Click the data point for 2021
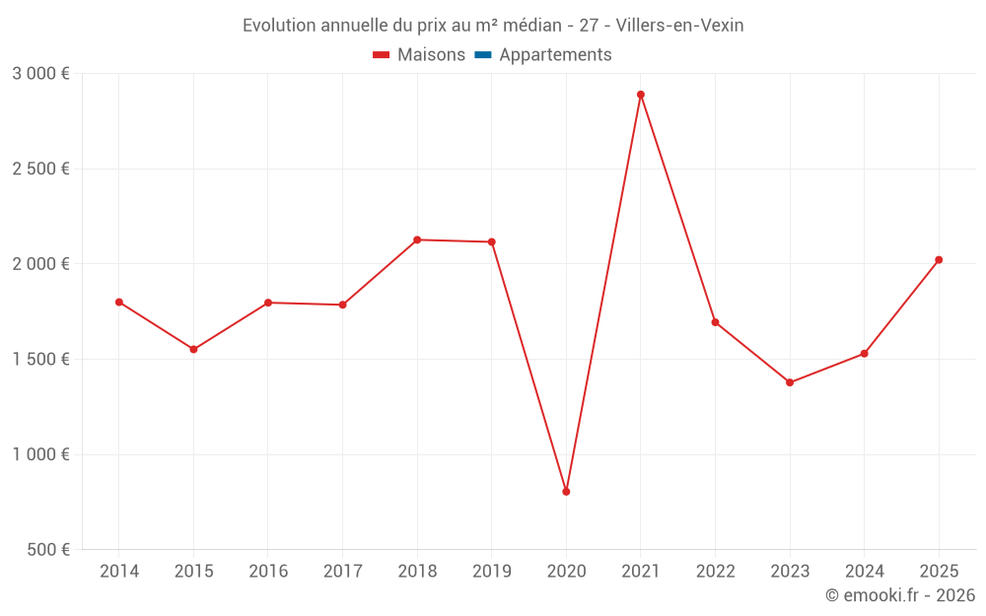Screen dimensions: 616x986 [x=641, y=95]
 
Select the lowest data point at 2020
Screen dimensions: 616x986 [x=566, y=492]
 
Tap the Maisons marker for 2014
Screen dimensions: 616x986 [x=119, y=303]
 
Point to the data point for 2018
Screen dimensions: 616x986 [x=417, y=240]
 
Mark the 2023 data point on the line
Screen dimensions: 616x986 [x=790, y=382]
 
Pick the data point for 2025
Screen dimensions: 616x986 [x=939, y=260]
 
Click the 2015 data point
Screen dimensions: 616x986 [x=193, y=350]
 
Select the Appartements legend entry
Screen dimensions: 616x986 [x=555, y=55]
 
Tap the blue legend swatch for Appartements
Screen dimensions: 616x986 [x=483, y=55]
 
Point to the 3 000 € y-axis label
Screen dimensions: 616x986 [x=40, y=74]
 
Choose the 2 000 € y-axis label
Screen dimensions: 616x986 [x=40, y=264]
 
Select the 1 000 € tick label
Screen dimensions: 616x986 [x=40, y=454]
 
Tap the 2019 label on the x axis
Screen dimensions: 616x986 [x=492, y=572]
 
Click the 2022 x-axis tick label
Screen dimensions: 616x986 [x=715, y=572]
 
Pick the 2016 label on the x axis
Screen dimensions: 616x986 [x=268, y=572]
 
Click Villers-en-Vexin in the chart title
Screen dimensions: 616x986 [x=680, y=26]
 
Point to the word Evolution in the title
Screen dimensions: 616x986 [x=279, y=26]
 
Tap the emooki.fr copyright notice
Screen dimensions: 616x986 [x=900, y=595]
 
